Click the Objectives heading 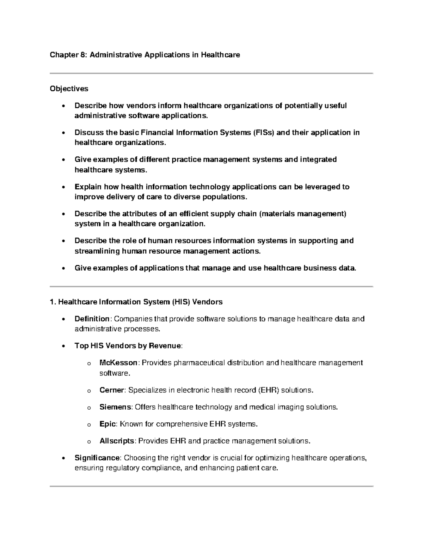coord(69,89)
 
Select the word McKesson coord(118,363)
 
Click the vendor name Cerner coord(112,390)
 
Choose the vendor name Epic coord(108,424)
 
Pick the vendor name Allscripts coord(117,441)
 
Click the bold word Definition coord(92,319)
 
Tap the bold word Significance coord(97,458)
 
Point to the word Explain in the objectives coord(88,187)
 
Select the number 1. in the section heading coord(53,302)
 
